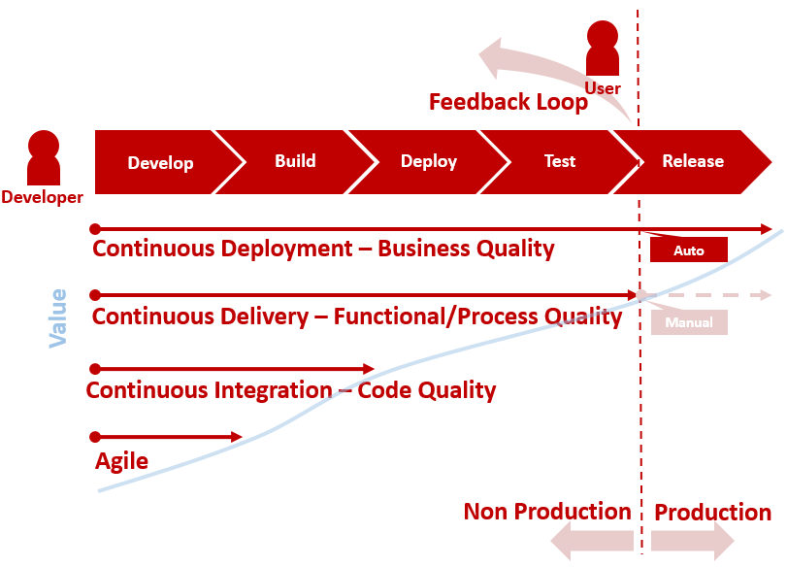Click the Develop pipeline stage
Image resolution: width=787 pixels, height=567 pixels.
coord(160,162)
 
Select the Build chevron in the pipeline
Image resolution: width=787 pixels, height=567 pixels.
coord(295,161)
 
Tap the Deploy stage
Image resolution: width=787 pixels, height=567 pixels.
coord(428,161)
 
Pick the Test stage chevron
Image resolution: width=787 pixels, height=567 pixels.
coord(559,161)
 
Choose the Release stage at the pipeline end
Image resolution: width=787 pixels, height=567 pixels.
coord(693,161)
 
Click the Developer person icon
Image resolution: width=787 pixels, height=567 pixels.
coord(43,158)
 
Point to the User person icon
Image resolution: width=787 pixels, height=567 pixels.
coord(603,49)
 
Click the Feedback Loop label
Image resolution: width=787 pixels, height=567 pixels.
coord(508,102)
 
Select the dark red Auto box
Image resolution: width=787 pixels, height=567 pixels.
coord(689,250)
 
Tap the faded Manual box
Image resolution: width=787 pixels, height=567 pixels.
coord(689,322)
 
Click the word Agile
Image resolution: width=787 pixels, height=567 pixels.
coord(121,461)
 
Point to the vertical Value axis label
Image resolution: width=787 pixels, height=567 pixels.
coord(58,317)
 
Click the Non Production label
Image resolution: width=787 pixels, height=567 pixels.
coord(547,512)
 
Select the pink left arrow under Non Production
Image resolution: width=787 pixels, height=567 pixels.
coord(592,541)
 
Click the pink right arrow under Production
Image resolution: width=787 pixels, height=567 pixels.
coord(693,541)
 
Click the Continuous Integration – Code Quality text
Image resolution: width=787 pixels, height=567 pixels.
coord(291,390)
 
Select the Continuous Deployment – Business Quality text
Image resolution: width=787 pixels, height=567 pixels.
coord(323,249)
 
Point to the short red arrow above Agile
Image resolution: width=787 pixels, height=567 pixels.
coord(167,437)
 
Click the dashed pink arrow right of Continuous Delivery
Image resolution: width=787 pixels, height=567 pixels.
coord(708,295)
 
